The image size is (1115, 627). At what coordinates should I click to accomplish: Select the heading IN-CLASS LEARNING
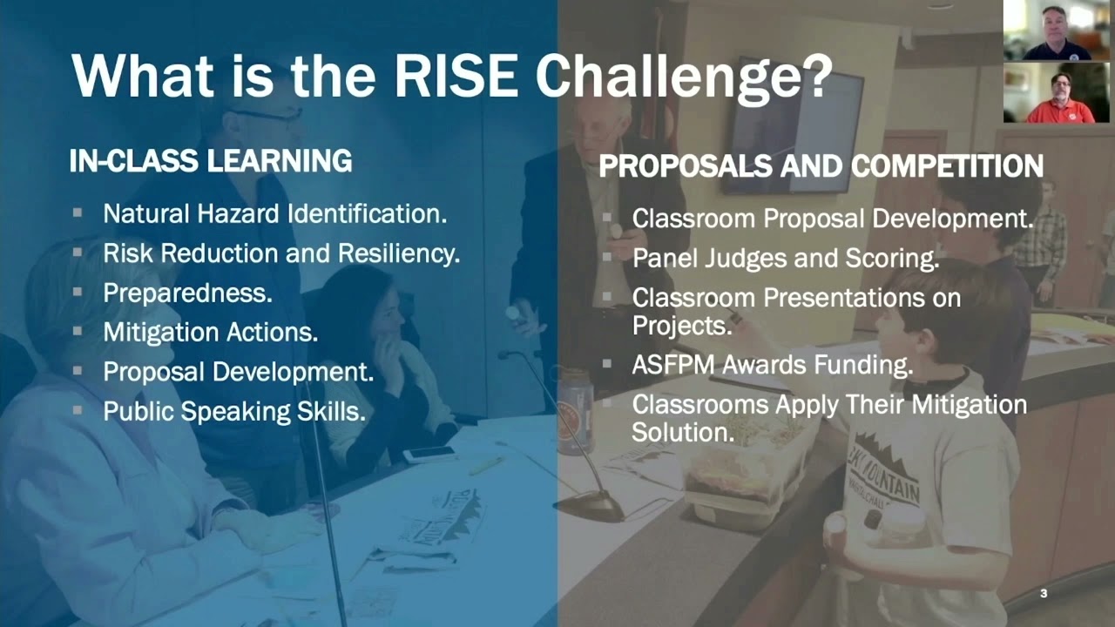coord(211,161)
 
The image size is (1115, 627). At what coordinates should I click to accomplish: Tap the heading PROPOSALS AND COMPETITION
coord(821,166)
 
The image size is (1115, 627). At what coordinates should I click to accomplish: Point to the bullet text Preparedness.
coord(187,293)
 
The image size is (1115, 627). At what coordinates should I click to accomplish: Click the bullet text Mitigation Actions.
coord(210,332)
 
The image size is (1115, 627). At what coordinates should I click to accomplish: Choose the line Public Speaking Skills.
coord(233,411)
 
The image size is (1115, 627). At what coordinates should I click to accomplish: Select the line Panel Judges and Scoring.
coord(785,258)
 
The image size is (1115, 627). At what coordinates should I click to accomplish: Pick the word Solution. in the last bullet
coord(683,431)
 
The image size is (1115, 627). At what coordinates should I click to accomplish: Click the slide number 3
coord(1044,594)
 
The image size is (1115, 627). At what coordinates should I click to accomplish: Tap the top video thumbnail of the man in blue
coord(1056,30)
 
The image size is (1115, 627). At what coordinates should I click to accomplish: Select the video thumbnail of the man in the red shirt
coord(1056,92)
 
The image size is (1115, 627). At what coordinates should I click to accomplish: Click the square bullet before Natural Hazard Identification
coord(78,212)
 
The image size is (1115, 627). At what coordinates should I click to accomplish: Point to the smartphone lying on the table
coord(429,454)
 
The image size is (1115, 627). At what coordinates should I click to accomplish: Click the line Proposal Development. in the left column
coord(238,372)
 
